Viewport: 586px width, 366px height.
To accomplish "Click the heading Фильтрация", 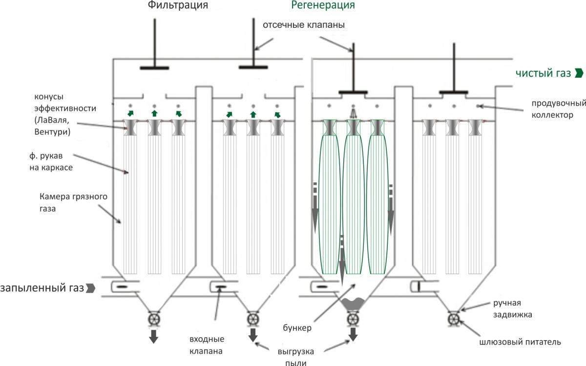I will (178, 6).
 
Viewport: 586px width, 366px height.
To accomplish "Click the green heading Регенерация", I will (323, 6).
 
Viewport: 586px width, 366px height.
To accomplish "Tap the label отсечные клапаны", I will (304, 24).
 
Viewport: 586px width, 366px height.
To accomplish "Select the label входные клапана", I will (207, 344).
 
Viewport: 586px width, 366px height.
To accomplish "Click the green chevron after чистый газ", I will (579, 73).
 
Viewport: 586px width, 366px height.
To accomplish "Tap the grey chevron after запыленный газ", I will (91, 288).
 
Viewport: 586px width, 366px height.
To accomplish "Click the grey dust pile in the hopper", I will (352, 303).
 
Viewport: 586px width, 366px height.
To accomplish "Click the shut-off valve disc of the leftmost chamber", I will (154, 68).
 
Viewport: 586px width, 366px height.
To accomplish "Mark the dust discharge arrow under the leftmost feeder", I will (153, 336).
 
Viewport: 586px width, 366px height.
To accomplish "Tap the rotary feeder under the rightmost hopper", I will (454, 319).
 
